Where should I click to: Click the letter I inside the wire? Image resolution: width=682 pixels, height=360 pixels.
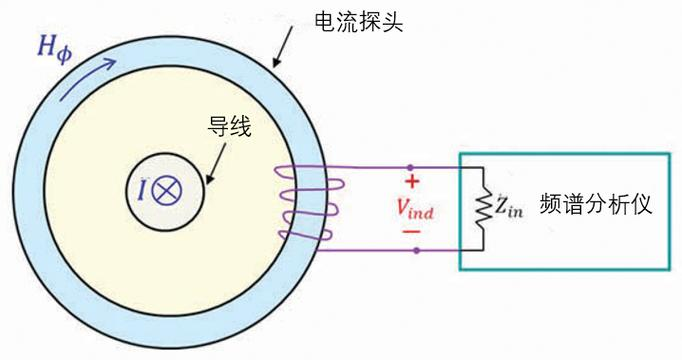coord(145,189)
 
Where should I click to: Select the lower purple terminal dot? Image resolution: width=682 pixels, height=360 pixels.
coord(414,250)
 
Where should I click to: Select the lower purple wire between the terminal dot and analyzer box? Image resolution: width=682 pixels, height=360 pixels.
coord(438,250)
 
